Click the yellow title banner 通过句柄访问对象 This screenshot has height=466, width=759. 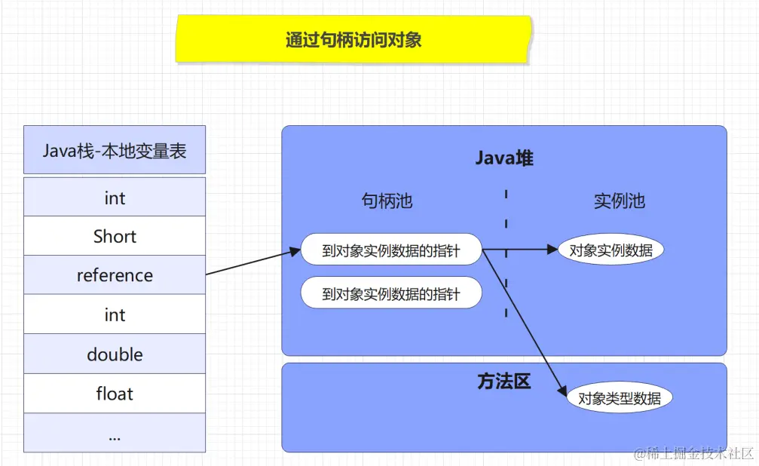(353, 39)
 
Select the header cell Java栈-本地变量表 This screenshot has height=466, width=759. (115, 150)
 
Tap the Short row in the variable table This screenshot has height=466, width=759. (115, 236)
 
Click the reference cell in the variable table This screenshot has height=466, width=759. (115, 275)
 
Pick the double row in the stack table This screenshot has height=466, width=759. (115, 354)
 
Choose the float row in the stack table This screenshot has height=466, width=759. (115, 394)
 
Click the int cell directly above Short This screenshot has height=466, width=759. (115, 198)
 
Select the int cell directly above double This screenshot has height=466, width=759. (115, 314)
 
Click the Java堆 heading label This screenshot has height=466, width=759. (504, 158)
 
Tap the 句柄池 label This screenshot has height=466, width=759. (387, 201)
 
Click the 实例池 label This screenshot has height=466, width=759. (619, 201)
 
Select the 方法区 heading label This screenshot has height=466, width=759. (504, 382)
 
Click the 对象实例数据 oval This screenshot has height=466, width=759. (611, 250)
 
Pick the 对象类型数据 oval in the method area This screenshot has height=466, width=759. (619, 398)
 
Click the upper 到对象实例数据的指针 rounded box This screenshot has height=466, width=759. (390, 250)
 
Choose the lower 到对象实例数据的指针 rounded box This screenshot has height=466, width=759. (390, 293)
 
